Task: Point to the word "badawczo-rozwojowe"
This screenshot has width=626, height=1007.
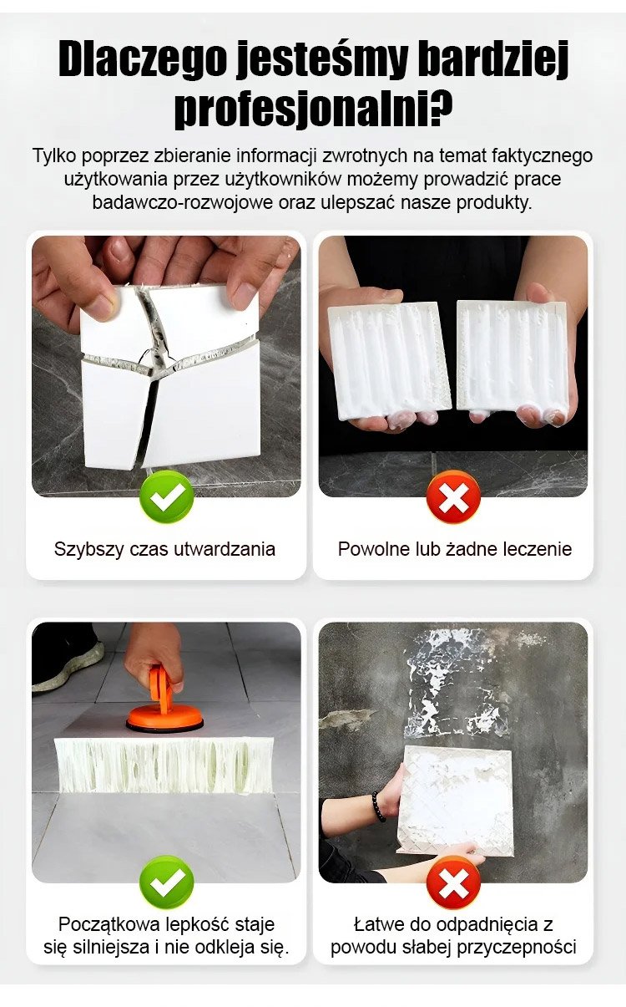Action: point(183,203)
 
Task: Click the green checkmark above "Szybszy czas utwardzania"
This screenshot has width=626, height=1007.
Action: point(167,496)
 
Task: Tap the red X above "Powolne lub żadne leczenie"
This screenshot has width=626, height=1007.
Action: point(453,496)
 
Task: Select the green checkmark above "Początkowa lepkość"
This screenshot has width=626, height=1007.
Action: point(167,882)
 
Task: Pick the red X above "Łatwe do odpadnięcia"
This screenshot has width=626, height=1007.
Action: point(453,882)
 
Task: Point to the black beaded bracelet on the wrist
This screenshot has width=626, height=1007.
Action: point(377,806)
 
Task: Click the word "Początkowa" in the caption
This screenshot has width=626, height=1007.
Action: point(109,925)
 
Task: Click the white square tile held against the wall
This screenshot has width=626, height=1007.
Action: point(456,801)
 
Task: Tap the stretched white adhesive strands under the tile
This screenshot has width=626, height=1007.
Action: point(164,765)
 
